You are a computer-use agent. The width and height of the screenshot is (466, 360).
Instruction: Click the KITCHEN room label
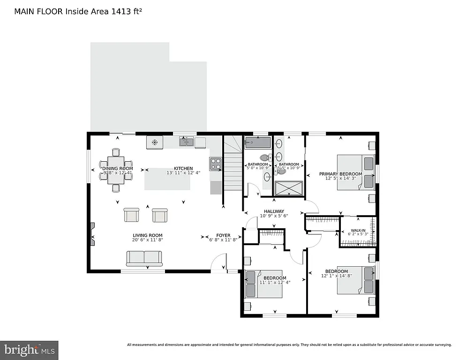point(183,168)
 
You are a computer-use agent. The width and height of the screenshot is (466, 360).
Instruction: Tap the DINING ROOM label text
point(118,168)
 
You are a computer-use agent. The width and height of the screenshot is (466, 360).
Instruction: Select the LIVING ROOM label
point(147,235)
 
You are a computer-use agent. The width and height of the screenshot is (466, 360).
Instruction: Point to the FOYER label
point(223,235)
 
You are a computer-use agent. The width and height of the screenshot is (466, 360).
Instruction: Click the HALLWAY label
point(274,211)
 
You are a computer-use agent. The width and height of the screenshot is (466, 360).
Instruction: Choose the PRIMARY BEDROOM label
point(341,174)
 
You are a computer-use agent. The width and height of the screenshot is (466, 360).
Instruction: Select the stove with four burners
point(215,164)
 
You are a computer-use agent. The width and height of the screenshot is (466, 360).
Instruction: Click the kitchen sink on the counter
point(186,141)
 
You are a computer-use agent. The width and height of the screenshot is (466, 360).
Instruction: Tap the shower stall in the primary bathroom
point(288,187)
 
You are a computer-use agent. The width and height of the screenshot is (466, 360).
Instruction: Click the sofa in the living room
point(144,258)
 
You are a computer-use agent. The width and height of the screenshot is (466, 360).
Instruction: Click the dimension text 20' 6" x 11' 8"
point(147,240)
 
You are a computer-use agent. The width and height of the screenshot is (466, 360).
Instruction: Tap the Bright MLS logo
point(29,349)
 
